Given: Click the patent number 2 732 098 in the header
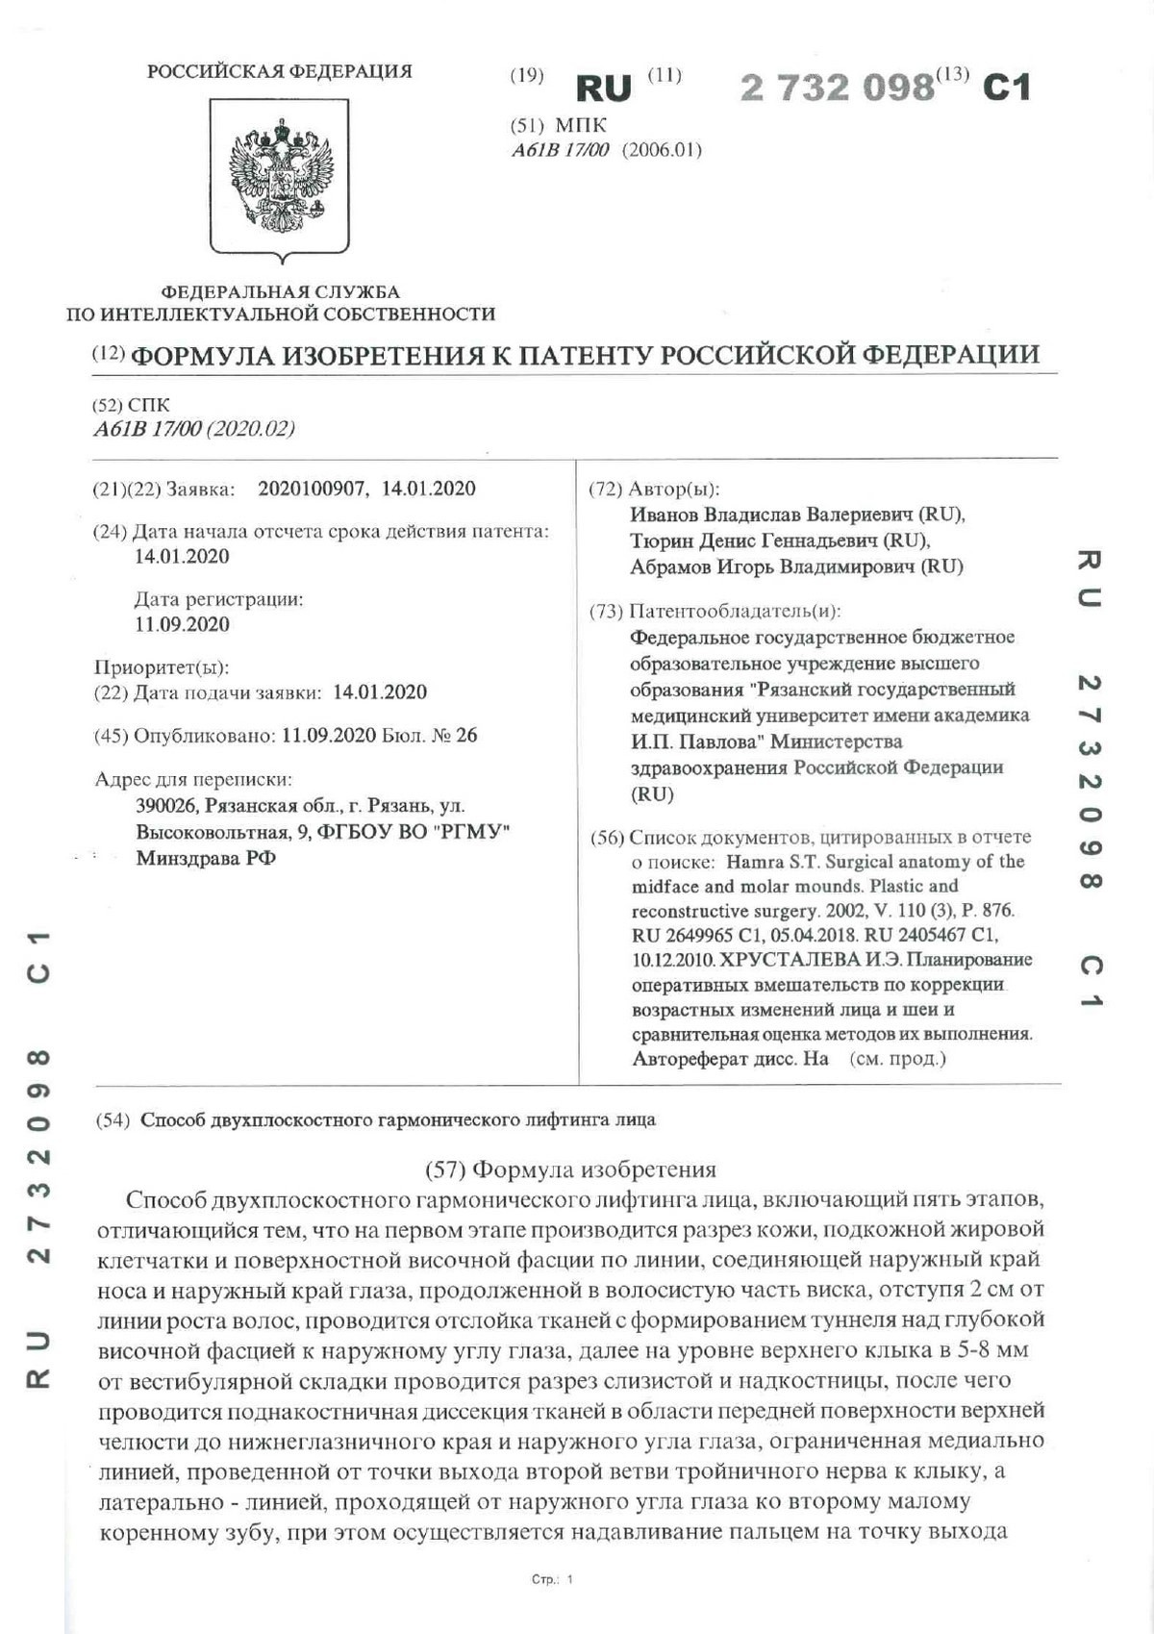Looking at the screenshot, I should coord(837,88).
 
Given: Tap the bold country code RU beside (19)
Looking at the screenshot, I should coord(603,88).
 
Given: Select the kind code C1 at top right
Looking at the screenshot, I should coord(1006,88).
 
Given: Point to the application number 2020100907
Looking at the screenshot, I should coord(312,489).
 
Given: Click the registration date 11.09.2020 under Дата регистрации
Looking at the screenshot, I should coord(182,624).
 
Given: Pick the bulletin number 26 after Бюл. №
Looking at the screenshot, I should coord(466,736).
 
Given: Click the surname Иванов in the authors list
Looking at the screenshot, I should coord(664,515).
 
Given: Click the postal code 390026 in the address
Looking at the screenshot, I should coord(165,806).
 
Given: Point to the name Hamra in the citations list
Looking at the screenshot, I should coord(755,862).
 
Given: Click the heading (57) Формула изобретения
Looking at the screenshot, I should coord(570,1169).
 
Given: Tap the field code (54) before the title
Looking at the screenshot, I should coord(113,1119).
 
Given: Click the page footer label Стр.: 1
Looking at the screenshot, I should coord(552,1579).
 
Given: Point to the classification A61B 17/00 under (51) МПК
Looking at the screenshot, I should coord(561,150).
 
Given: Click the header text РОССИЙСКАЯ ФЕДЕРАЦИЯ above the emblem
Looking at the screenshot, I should coord(279,71).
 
